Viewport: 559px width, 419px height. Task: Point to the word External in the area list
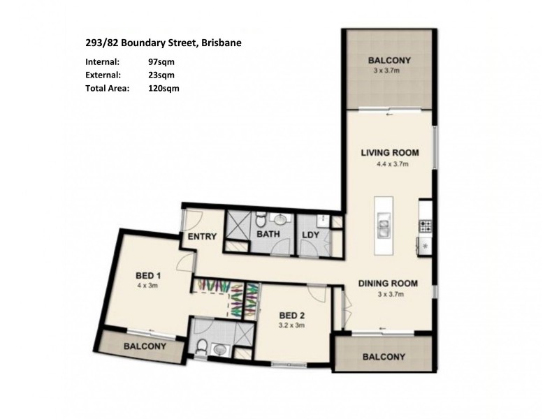coord(102,75)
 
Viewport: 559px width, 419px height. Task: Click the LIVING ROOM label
coord(389,153)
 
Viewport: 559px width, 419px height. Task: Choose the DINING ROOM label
coord(388,284)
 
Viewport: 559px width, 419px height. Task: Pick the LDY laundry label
coord(311,235)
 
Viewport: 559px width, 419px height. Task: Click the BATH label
coord(268,235)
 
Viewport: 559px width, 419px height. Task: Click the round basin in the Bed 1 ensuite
coord(220,349)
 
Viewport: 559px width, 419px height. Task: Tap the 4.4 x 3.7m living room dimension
coord(389,165)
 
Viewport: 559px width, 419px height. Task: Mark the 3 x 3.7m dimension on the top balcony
coord(389,71)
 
